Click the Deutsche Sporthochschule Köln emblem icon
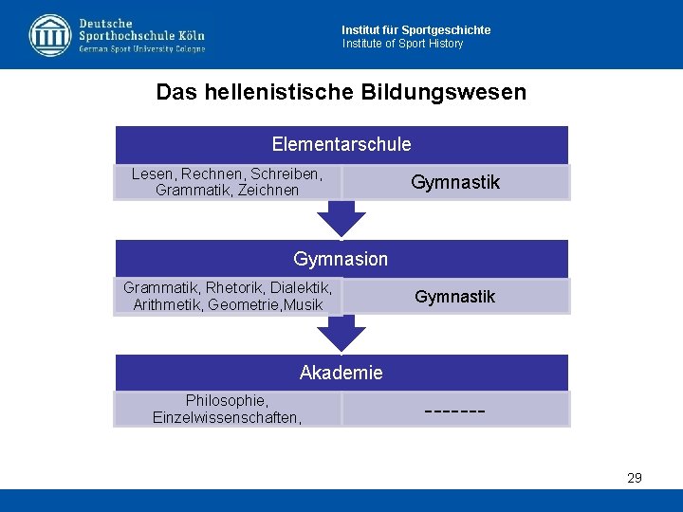(x=49, y=35)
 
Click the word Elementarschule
(x=341, y=144)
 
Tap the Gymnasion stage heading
(x=341, y=259)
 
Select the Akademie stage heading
(x=341, y=373)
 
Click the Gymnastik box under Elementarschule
(x=455, y=182)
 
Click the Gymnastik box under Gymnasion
(x=455, y=297)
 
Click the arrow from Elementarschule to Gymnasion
(x=341, y=219)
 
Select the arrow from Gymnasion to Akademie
(x=341, y=333)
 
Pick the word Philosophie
(x=227, y=400)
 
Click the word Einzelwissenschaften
(x=227, y=417)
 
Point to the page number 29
(x=635, y=478)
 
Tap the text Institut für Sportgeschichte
(x=416, y=30)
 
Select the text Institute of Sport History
(x=403, y=44)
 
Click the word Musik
(x=303, y=304)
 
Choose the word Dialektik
(x=301, y=287)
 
